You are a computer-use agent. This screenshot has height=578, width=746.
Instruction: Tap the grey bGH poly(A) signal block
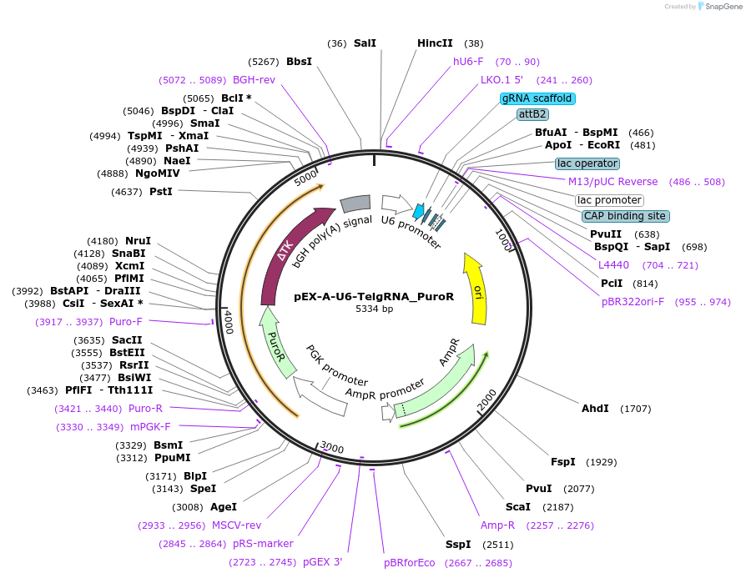click(x=355, y=204)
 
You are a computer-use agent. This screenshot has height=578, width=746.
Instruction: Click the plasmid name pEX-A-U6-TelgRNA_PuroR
click(x=374, y=296)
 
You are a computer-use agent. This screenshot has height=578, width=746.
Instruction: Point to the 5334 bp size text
click(x=374, y=309)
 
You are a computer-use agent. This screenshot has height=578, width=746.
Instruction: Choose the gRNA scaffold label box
click(x=537, y=98)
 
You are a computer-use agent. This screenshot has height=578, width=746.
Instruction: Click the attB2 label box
click(x=532, y=114)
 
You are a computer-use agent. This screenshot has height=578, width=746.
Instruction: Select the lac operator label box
click(x=587, y=163)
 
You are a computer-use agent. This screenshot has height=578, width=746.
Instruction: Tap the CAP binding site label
click(x=625, y=216)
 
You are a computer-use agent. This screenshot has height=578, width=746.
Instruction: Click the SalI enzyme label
click(x=365, y=43)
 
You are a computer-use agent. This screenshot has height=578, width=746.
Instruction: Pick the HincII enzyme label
click(x=435, y=43)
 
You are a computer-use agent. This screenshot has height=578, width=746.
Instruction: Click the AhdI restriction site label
click(x=595, y=409)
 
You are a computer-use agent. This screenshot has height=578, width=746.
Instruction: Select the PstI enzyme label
click(x=161, y=192)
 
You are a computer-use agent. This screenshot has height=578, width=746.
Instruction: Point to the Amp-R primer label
click(x=497, y=525)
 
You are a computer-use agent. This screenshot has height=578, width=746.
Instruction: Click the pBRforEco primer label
click(x=409, y=563)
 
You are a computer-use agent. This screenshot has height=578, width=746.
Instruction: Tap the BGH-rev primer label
click(x=254, y=80)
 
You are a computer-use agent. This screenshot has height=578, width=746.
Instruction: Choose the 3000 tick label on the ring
click(x=331, y=449)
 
